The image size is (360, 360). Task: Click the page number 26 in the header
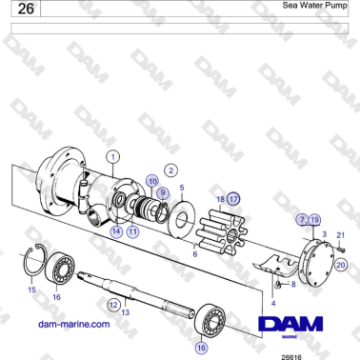coord(26,10)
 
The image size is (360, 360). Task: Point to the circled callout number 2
coord(170,170)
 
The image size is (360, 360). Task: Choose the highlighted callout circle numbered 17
coord(232,199)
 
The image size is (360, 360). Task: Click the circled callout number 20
coord(341,265)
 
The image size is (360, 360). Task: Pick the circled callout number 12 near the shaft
coord(112,305)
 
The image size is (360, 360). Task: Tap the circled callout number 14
coord(115,230)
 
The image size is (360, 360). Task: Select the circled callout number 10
coord(152,181)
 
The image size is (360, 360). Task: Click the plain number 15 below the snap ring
coord(31,289)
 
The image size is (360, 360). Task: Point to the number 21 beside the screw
coord(341,234)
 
